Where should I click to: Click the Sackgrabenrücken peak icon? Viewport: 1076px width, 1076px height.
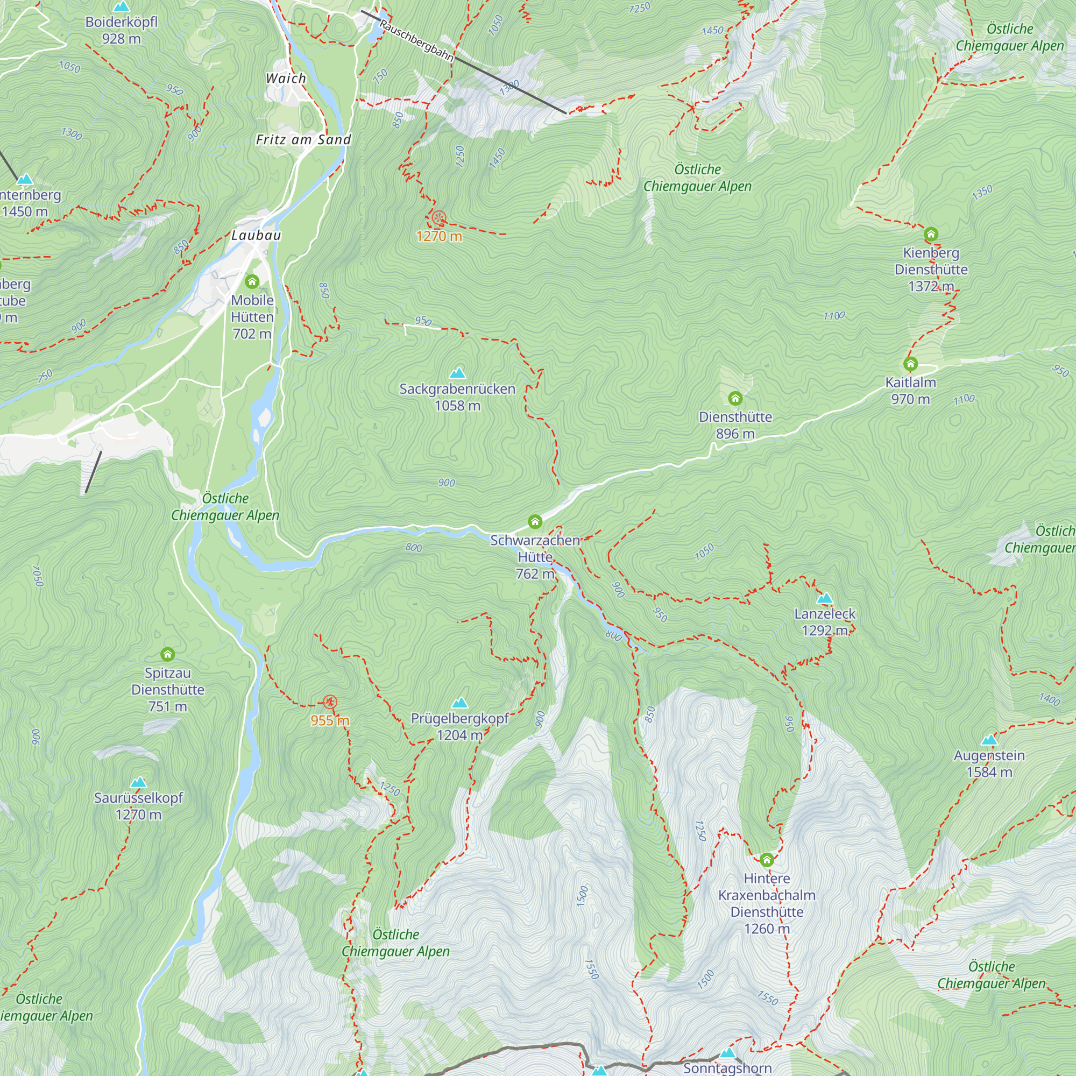[x=457, y=373]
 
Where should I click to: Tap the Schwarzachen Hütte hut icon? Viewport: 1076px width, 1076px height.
[x=535, y=522]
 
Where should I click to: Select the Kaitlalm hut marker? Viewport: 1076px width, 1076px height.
[x=910, y=364]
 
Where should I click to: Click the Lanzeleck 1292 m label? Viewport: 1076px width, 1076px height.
[x=824, y=622]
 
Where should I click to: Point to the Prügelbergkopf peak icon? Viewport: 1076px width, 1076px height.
[x=459, y=703]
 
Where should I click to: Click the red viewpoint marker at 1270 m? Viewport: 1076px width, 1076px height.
[x=439, y=218]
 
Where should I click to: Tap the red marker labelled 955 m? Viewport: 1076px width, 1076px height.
[x=330, y=702]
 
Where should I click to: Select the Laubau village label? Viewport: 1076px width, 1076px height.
[x=256, y=235]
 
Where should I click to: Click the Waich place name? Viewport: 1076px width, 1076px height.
[x=286, y=79]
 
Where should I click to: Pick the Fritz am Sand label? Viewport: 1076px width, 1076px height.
[x=303, y=140]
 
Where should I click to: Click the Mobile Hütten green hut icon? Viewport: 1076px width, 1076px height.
[x=252, y=281]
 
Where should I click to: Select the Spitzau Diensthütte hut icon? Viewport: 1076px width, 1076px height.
[x=168, y=654]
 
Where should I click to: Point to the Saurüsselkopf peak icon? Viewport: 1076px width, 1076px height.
[x=138, y=782]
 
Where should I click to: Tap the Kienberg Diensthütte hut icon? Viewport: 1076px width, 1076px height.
[x=931, y=234]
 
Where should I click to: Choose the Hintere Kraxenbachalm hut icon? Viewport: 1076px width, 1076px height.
[x=766, y=860]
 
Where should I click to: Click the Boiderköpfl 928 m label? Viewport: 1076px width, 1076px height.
[x=122, y=30]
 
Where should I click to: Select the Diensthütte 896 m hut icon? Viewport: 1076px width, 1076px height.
[x=735, y=398]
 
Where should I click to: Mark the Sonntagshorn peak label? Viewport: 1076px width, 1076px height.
[x=727, y=1067]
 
